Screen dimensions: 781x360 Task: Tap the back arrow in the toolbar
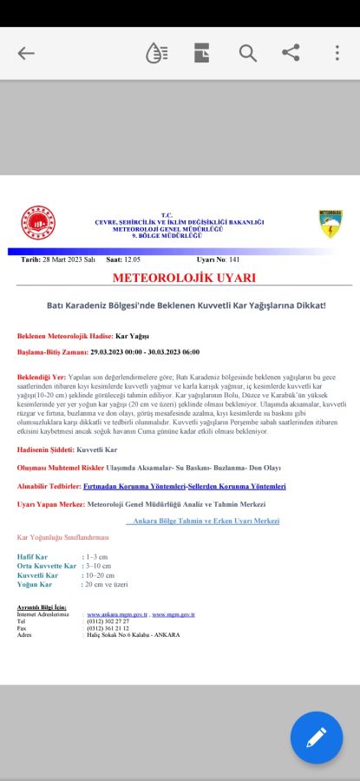pos(26,53)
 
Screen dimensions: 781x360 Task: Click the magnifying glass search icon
pos(248,53)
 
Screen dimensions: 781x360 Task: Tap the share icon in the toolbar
pos(291,53)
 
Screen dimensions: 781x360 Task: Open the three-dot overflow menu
pos(337,53)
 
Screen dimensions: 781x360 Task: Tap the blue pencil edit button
pos(317,738)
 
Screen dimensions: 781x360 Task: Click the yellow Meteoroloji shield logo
pos(331,223)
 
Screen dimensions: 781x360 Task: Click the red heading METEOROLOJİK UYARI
pos(184,278)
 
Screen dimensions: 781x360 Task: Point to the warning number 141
pos(234,259)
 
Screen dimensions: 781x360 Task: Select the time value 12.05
pos(132,259)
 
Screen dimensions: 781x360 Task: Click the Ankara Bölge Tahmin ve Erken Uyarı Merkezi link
pos(206,521)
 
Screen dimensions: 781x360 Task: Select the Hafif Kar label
pos(32,556)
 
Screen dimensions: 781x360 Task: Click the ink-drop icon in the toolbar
pos(157,53)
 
